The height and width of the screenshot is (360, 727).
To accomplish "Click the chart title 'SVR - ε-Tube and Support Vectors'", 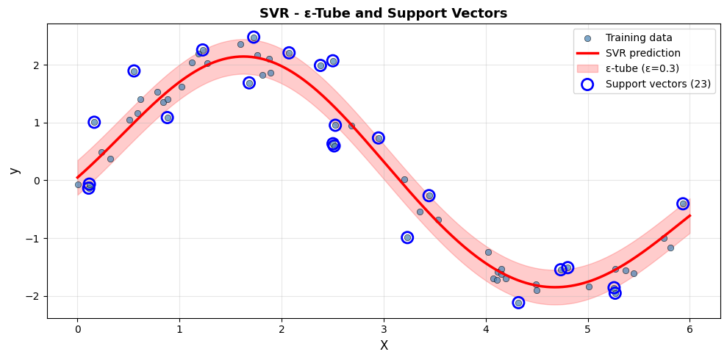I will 383,13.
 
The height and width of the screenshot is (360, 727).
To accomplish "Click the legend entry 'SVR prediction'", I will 642,54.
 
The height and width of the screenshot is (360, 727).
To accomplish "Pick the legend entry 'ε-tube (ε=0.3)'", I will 642,69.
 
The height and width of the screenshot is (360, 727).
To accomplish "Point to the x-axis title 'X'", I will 384,345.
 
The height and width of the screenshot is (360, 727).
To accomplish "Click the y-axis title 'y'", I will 14,170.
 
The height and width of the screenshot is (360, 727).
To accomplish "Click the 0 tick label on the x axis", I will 77,330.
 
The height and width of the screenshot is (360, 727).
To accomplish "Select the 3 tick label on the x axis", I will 384,330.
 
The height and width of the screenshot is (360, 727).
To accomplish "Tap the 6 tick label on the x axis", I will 690,330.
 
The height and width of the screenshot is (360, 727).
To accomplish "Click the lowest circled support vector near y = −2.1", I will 518,303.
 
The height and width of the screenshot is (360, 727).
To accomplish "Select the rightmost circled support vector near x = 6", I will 683,204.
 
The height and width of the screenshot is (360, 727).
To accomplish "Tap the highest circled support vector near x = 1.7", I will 254,37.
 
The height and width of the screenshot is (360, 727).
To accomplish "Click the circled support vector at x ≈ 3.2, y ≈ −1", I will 407,237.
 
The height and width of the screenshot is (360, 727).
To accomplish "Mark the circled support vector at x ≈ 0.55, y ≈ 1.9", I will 134,71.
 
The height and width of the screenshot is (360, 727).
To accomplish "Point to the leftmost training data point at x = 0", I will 78,184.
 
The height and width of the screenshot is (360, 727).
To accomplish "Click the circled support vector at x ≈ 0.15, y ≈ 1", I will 94,122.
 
